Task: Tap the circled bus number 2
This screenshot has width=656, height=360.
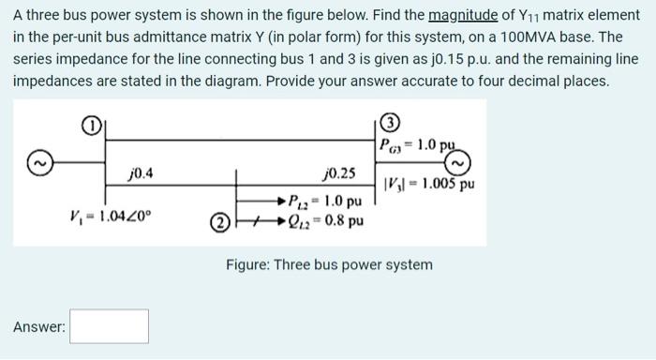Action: pos(217,222)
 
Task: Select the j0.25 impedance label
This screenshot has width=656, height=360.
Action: pos(338,173)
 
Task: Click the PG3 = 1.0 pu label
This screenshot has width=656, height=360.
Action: pos(419,144)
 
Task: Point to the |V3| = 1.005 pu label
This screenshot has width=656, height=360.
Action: pos(430,184)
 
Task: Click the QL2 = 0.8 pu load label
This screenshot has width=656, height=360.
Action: pos(327,222)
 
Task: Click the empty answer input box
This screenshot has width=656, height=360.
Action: pos(109,326)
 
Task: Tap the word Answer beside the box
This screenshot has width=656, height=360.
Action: pos(39,327)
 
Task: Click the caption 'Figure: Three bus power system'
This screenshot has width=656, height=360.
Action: pos(329,264)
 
